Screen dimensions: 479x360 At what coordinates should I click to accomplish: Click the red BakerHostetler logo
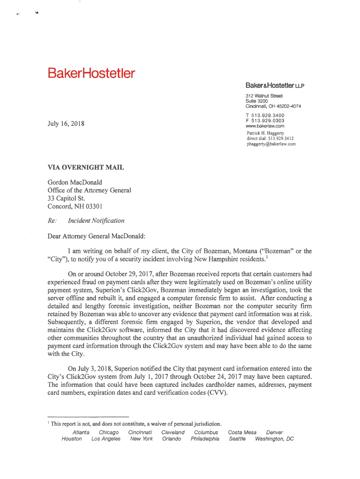point(90,73)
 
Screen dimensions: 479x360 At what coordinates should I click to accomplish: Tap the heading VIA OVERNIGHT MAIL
point(86,167)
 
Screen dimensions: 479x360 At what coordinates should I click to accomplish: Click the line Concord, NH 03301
point(75,206)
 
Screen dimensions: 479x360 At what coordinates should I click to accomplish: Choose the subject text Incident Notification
point(96,220)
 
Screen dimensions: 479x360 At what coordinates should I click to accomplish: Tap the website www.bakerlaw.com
point(265,126)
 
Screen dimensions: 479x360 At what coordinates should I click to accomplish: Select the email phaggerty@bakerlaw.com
point(271,144)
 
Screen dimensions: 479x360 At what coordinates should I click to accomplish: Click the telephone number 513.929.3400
point(268,116)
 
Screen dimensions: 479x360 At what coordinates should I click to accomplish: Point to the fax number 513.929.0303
point(268,121)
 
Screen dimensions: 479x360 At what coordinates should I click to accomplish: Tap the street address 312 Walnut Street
point(264,96)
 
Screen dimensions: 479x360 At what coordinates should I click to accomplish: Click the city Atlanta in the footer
point(81,432)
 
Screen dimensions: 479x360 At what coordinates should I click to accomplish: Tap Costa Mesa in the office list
point(242,432)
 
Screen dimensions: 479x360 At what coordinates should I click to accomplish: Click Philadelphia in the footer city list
point(205,439)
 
